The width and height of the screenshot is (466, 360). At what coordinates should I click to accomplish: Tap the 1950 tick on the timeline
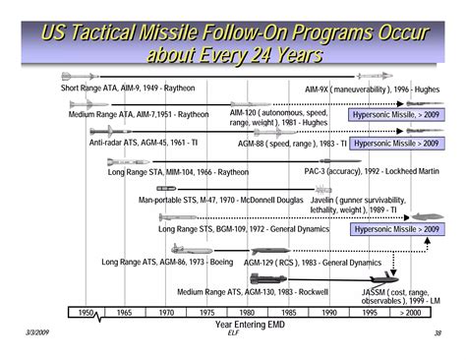86,312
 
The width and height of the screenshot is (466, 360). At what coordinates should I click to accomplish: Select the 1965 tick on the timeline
123,312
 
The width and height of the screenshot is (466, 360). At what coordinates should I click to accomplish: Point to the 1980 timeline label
248,312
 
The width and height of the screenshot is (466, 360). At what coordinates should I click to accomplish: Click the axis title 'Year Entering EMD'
249,324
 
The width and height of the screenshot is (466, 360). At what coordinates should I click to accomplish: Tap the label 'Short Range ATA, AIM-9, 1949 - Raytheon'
129,88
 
